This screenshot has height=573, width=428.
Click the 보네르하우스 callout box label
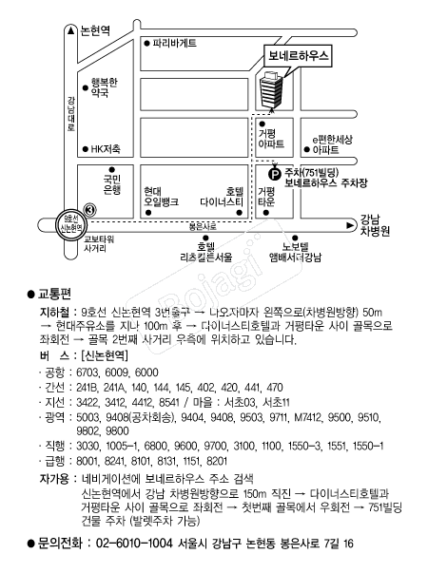point(298,55)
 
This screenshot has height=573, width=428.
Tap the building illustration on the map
point(271,89)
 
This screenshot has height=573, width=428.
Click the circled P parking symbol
point(275,174)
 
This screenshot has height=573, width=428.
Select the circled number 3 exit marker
point(90,210)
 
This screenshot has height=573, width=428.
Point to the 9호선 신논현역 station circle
point(71,224)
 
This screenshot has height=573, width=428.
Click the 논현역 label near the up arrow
point(95,30)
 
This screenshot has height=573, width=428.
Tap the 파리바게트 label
point(174,43)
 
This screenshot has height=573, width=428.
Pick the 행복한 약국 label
point(105,87)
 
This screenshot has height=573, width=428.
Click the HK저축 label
point(106,149)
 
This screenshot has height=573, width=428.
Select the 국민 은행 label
point(112,184)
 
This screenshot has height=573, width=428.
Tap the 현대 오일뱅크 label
point(161,197)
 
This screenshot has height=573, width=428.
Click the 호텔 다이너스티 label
point(222,197)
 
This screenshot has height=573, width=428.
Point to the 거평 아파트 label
point(271,139)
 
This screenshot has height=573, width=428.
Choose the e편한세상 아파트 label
point(332,144)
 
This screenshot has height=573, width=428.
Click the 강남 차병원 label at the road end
point(375,225)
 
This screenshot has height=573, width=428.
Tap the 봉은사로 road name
point(203,226)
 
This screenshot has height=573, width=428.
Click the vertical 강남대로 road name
point(71,113)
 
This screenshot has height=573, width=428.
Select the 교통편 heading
point(54,294)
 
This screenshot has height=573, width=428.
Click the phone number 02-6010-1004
point(134,544)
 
